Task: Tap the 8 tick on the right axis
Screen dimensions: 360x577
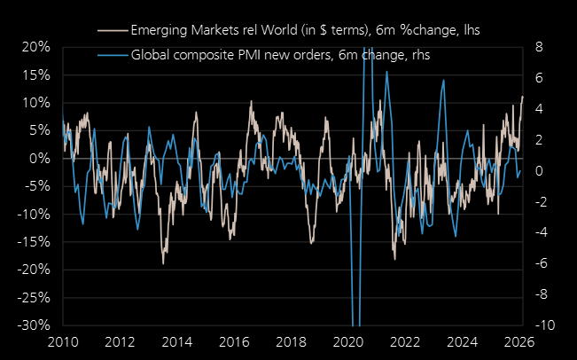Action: (538, 47)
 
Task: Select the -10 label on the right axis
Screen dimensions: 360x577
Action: (542, 325)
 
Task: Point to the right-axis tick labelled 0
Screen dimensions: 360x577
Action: (538, 170)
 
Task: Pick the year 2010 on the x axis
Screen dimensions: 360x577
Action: (64, 342)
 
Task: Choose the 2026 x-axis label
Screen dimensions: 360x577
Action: (519, 342)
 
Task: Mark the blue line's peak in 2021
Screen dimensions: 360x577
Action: (386, 71)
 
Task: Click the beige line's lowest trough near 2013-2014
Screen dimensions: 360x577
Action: (163, 263)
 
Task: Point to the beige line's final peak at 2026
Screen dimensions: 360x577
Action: (523, 96)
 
